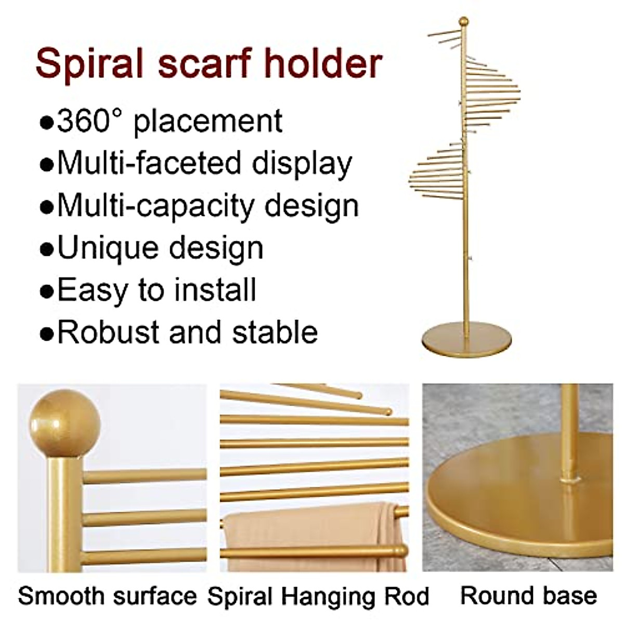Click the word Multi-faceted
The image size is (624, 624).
pyautogui.click(x=149, y=163)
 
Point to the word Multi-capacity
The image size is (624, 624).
pyautogui.click(x=155, y=206)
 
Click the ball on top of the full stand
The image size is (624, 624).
pyautogui.click(x=463, y=22)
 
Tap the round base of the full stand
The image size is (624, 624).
pyautogui.click(x=466, y=341)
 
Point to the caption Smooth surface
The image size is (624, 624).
pyautogui.click(x=108, y=596)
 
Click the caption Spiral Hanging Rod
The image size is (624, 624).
pyautogui.click(x=318, y=596)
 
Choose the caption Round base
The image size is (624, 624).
pyautogui.click(x=528, y=596)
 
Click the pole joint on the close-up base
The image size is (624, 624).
pyautogui.click(x=570, y=477)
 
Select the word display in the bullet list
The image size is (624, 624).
pyautogui.click(x=302, y=163)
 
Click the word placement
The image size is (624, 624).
pyautogui.click(x=208, y=121)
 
